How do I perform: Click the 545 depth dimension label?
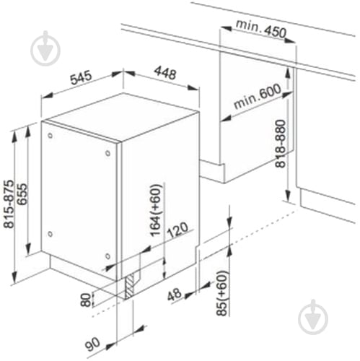(x=81, y=77)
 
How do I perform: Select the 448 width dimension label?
(x=165, y=73)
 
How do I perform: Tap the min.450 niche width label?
(x=261, y=29)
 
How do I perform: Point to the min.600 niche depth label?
(x=257, y=96)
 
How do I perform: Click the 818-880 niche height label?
(x=281, y=144)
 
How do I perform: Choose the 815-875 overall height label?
(x=10, y=204)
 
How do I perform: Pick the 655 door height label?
(x=23, y=194)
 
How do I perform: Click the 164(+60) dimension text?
(x=155, y=209)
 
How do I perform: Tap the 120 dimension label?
(x=177, y=230)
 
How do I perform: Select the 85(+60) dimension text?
(x=221, y=293)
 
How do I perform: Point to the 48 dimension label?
(x=175, y=295)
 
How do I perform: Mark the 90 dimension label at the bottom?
(x=92, y=344)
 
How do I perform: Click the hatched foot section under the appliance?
(x=130, y=286)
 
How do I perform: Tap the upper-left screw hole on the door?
(x=50, y=135)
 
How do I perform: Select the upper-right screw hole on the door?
(x=107, y=153)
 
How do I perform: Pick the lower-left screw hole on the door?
(x=50, y=233)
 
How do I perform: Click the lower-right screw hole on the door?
(x=107, y=256)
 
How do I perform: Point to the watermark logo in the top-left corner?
(x=45, y=48)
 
